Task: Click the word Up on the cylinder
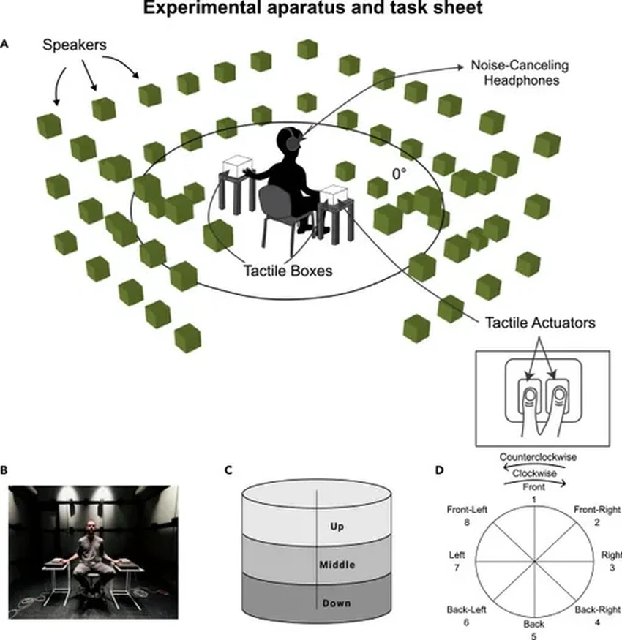337,527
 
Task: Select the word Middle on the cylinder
337,565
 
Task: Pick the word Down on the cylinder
337,603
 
